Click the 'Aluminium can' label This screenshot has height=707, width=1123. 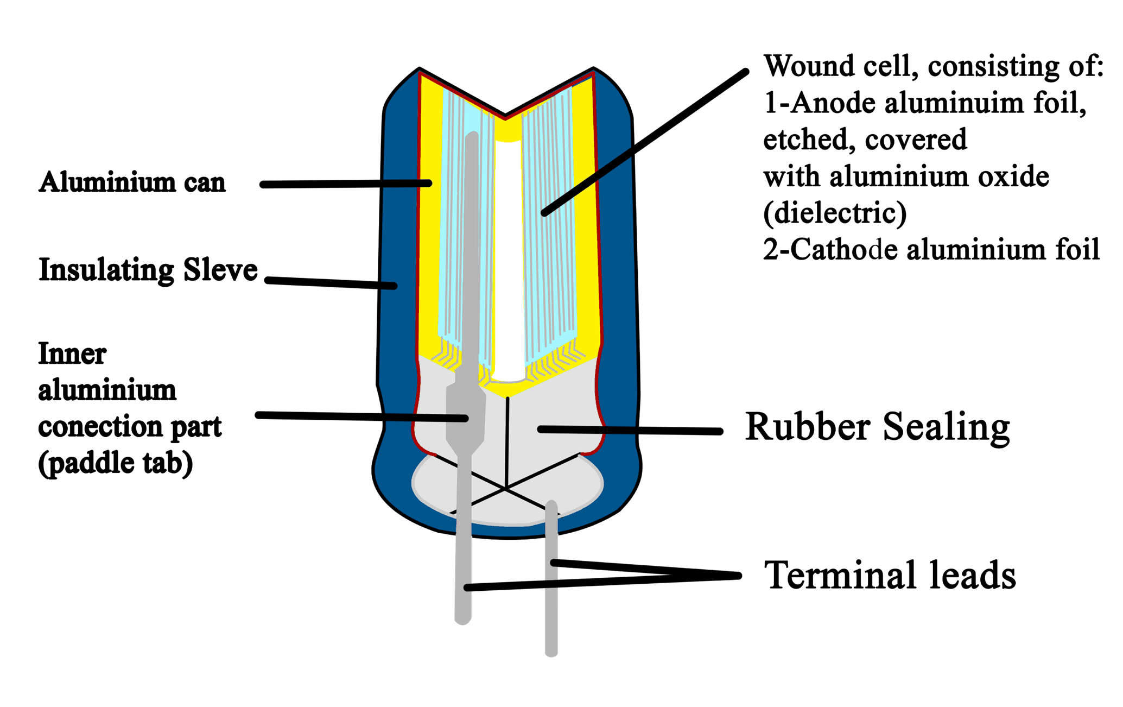(132, 182)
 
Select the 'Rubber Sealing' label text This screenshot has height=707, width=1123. (877, 428)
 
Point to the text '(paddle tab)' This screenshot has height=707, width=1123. (115, 463)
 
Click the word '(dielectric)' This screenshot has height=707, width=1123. (835, 213)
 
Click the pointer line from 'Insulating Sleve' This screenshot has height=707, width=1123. (331, 283)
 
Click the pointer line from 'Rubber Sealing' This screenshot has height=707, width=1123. (630, 431)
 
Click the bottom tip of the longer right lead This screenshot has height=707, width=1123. (551, 651)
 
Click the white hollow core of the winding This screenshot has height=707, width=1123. (509, 261)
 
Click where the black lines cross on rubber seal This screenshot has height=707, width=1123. (505, 489)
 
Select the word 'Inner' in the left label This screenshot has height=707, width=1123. (72, 354)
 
